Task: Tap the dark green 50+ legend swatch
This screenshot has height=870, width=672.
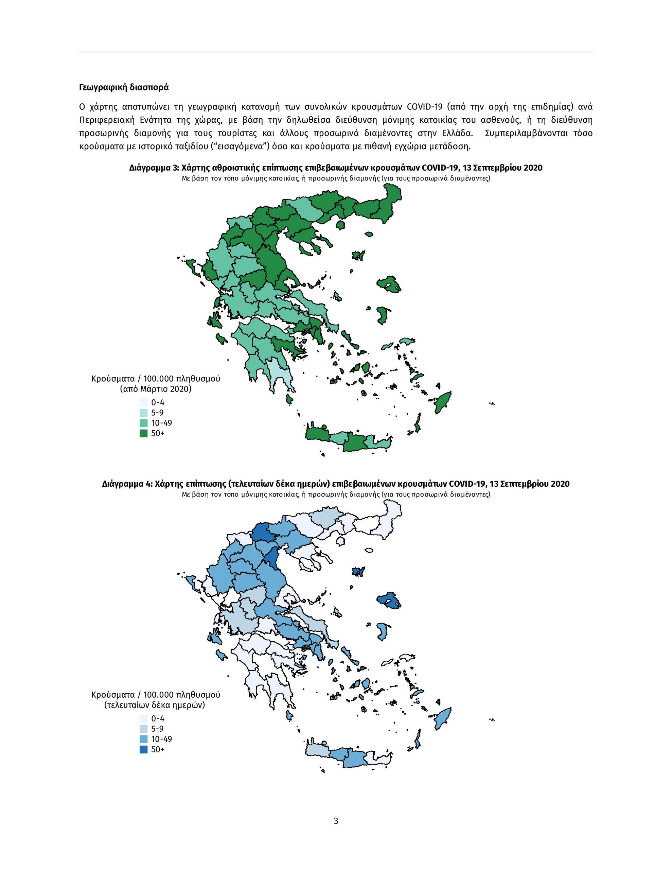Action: coord(143,433)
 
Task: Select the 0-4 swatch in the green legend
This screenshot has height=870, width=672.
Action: coord(143,403)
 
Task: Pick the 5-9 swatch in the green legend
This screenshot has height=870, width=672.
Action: coord(143,413)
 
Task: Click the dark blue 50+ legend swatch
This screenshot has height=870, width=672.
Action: coord(143,749)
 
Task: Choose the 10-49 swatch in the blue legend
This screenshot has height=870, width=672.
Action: coord(143,739)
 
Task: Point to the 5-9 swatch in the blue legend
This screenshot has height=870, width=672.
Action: coord(143,729)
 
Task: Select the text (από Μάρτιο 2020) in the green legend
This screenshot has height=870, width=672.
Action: coord(156,389)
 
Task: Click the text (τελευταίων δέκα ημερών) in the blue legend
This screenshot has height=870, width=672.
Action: coord(156,705)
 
